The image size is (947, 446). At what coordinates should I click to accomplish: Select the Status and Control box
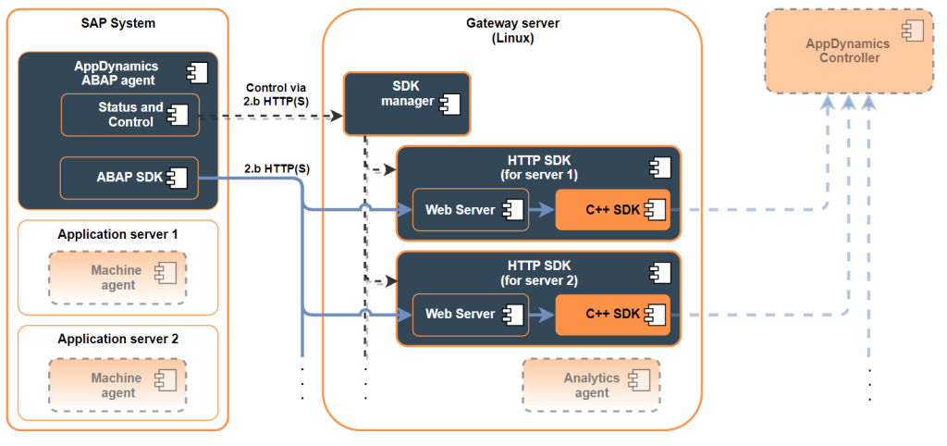click(129, 115)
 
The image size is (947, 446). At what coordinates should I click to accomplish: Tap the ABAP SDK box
click(129, 178)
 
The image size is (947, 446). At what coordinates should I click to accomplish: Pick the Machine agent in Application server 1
click(117, 278)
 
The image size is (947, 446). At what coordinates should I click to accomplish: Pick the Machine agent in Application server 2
click(117, 385)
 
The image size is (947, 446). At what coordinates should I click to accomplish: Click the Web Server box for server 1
click(470, 210)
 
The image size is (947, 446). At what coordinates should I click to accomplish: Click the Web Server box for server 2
click(470, 315)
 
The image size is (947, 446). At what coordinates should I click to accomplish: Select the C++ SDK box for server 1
click(612, 210)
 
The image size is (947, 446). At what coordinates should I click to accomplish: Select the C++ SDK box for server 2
click(612, 315)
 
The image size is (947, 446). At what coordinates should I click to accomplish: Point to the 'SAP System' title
click(117, 22)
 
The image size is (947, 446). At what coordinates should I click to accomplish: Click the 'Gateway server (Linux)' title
click(513, 31)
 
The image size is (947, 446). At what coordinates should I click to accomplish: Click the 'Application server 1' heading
click(117, 235)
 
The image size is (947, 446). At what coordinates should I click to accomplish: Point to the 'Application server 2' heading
click(117, 340)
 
